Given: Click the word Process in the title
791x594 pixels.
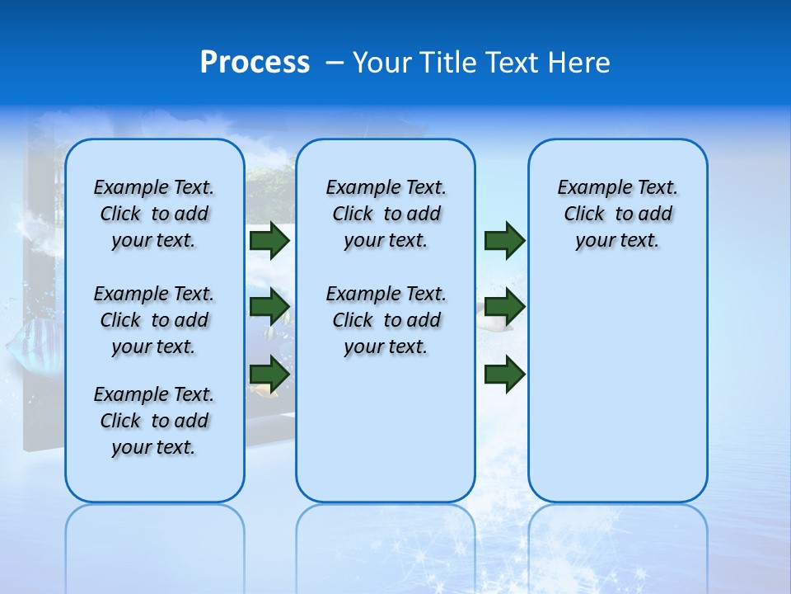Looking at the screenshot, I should tap(255, 63).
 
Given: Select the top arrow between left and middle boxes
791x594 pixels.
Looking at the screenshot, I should tap(269, 240).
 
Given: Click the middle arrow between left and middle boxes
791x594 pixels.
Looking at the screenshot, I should tap(269, 307).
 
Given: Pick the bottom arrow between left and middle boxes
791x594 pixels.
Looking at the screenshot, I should tap(269, 374).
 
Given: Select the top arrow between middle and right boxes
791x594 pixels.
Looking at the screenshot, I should tap(504, 240).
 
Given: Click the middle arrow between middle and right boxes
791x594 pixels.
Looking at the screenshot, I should tap(504, 307).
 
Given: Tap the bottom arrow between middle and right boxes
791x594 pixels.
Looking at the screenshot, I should tap(504, 374).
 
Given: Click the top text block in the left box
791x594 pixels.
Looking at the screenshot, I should tap(154, 214).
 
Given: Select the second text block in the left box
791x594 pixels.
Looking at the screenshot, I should tap(154, 320).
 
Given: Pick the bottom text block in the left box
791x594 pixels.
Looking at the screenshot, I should tap(154, 421).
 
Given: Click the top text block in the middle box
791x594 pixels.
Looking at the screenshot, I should tap(386, 214).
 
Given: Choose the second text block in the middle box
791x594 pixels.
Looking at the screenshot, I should tap(386, 320).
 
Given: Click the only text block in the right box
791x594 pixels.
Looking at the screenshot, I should tap(617, 214).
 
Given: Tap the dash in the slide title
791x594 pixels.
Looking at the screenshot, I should tap(334, 63).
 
